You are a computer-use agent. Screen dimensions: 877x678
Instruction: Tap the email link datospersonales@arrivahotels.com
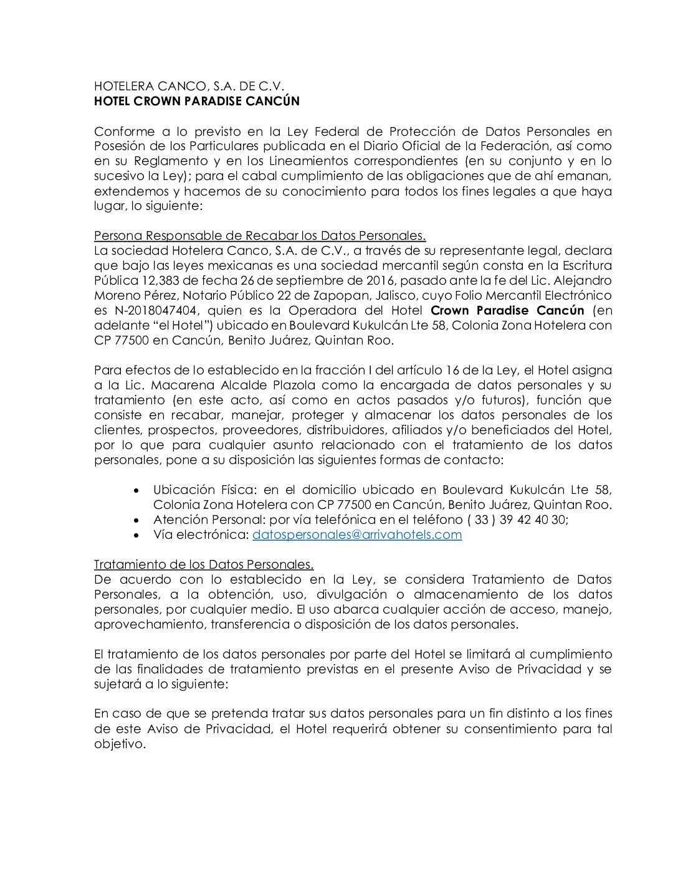pos(357,534)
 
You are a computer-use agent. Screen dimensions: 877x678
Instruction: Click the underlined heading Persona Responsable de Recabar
pos(260,235)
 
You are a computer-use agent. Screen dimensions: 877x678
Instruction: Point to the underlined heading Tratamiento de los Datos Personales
pos(204,564)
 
